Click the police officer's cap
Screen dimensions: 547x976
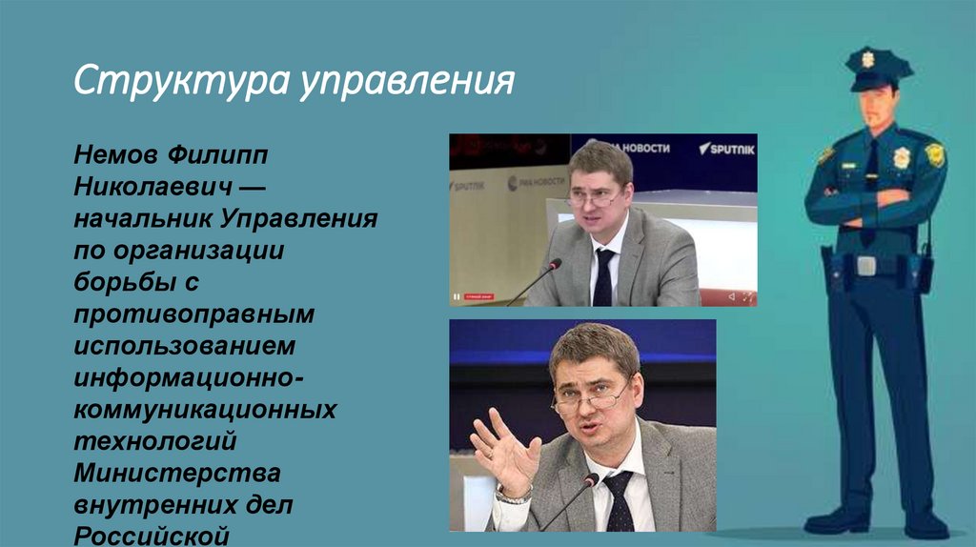coord(878,69)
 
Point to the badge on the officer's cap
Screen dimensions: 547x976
coord(868,59)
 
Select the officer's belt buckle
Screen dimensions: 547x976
coord(865,266)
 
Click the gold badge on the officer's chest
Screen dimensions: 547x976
coord(901,157)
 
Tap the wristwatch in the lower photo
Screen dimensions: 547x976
coord(515,494)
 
